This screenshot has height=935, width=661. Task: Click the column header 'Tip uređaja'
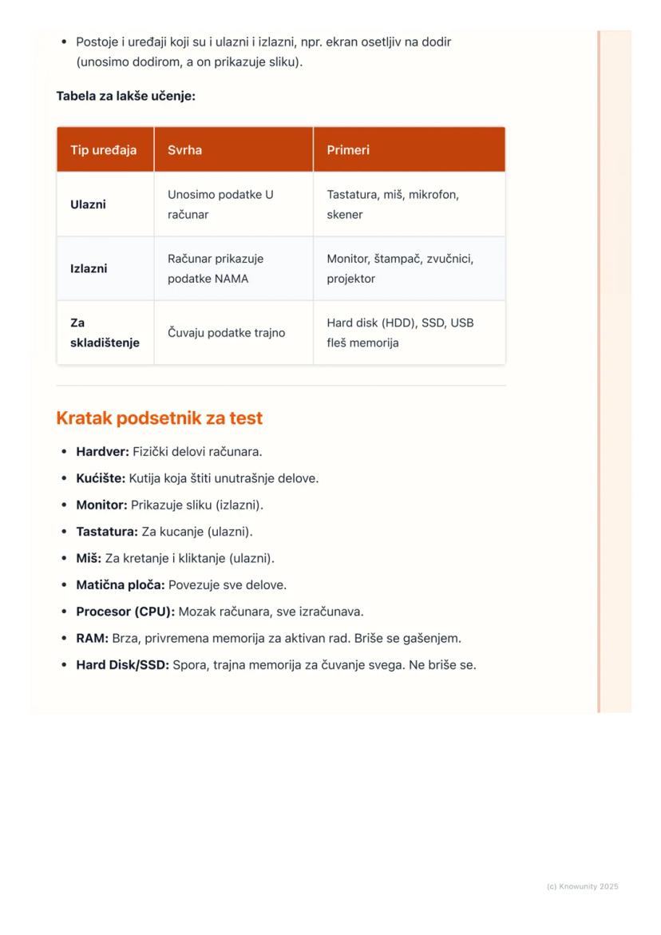[103, 150]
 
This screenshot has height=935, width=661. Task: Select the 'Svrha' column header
[184, 150]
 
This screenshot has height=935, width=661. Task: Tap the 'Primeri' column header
[348, 150]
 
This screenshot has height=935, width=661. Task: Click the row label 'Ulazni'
[88, 204]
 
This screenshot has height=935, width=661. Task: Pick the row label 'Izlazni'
[89, 268]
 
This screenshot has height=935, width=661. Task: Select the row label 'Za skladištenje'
[104, 333]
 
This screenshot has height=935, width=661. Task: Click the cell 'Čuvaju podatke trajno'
[226, 333]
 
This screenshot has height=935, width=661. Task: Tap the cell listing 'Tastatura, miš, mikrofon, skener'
[392, 204]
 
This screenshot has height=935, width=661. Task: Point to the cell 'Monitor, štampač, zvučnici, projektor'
[399, 268]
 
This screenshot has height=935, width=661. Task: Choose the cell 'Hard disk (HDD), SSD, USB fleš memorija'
[399, 333]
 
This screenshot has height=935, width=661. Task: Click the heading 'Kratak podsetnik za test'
[159, 418]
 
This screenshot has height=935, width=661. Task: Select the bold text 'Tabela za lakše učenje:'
[125, 96]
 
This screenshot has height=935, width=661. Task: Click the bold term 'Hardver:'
[102, 452]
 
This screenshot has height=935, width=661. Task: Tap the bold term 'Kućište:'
[101, 478]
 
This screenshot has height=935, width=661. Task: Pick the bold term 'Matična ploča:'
[120, 585]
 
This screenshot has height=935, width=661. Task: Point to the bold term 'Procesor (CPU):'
[125, 612]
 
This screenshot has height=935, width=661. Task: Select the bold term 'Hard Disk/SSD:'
[122, 665]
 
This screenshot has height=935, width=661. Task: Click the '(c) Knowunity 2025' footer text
[582, 886]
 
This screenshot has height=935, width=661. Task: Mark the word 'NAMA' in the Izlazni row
[231, 279]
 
